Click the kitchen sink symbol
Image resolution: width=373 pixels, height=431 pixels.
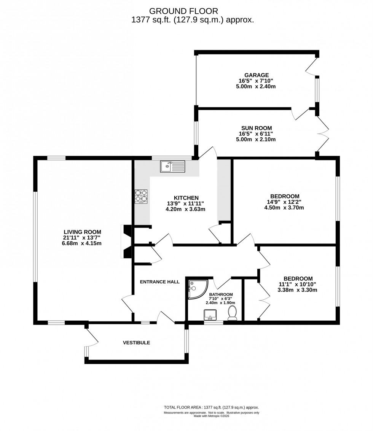[172, 166]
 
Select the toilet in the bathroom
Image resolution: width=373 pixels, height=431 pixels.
[232, 313]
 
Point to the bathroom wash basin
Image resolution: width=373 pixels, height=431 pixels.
[210, 315]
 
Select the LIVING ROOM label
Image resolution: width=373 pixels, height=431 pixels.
[82, 232]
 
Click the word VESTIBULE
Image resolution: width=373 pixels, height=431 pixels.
[136, 342]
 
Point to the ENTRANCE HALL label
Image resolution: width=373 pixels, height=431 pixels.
[159, 282]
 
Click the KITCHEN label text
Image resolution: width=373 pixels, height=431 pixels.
[186, 197]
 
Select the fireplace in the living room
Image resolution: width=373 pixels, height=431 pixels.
[126, 242]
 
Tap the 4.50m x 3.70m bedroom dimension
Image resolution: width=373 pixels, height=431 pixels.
[284, 208]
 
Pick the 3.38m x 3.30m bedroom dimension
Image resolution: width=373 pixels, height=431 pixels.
[297, 290]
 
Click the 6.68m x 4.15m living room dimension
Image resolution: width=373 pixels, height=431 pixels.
[82, 243]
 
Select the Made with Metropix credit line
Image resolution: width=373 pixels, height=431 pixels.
[211, 416]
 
